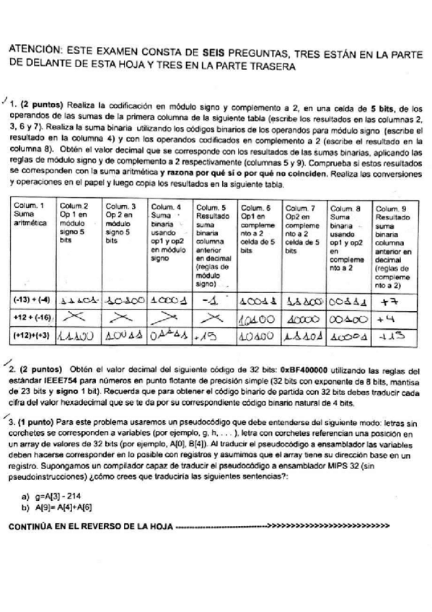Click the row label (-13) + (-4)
pos(32,298)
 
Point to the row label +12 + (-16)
pos(32,316)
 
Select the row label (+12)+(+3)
pos(32,335)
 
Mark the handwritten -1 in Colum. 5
pos(211,299)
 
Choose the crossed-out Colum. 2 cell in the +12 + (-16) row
pos(78,317)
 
